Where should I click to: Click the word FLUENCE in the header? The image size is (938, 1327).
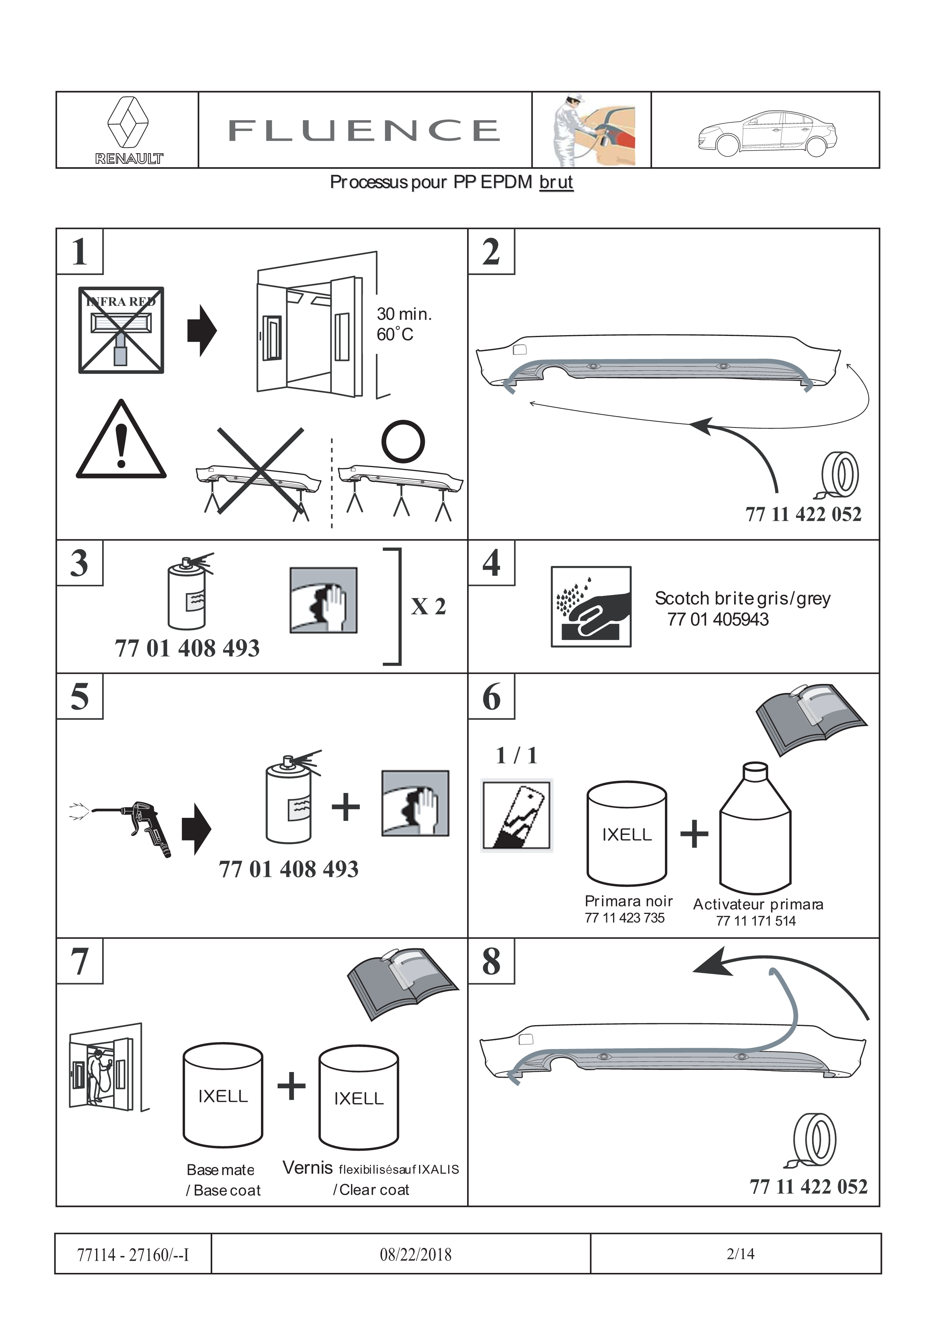coord(365,131)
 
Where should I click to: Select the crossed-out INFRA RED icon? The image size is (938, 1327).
coord(121,330)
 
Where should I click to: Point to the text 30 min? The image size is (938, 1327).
coord(404,314)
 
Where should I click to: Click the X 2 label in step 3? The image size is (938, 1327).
coord(428,607)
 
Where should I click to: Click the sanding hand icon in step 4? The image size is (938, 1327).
coord(591,606)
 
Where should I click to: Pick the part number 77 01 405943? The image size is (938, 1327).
coord(718,620)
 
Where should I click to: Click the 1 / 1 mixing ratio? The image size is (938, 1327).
coord(517,755)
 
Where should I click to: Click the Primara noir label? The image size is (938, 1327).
coord(628,901)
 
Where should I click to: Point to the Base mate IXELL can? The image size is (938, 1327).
coord(223,1096)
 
